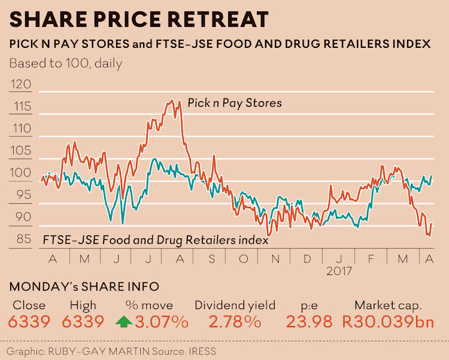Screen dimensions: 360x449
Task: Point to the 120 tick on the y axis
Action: [22, 84]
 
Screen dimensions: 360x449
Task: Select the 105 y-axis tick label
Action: [22, 151]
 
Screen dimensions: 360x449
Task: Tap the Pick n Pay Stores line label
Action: [234, 103]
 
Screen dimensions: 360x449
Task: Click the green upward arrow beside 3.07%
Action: [124, 322]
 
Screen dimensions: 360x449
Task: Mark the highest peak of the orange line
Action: [172, 100]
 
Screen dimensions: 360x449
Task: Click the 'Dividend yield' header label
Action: [235, 305]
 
